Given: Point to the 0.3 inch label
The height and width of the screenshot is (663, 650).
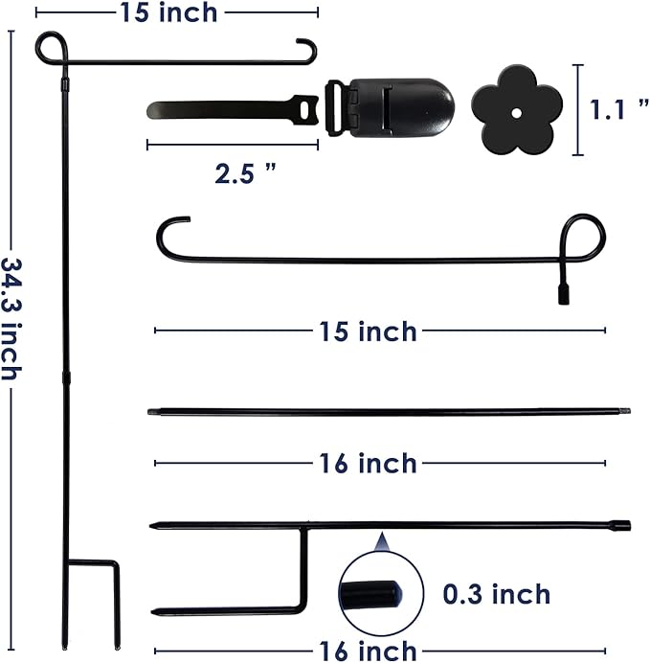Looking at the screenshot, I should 496,594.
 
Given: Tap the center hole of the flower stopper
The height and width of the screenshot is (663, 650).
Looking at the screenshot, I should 514,112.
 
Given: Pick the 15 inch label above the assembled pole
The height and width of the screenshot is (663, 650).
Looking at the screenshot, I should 168,12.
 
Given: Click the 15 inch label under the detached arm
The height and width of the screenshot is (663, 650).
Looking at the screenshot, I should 368,331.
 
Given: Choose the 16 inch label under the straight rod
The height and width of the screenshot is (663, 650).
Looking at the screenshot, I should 368,464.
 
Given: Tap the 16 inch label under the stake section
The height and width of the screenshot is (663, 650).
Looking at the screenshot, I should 368,652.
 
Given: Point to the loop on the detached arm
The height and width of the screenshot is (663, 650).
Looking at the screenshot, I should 583,236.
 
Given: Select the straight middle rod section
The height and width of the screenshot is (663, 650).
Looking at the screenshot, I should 383,412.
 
